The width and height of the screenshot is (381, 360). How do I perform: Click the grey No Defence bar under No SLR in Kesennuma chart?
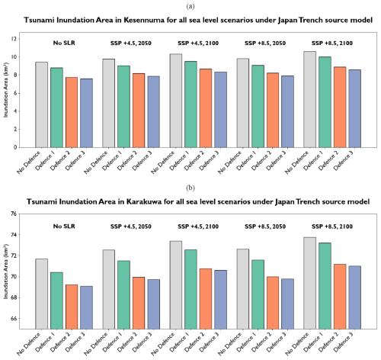coord(42,104)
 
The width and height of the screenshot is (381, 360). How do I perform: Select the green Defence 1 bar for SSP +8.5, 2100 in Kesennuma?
coord(325,102)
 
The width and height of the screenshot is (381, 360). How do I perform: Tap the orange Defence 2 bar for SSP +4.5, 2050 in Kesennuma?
coord(139,111)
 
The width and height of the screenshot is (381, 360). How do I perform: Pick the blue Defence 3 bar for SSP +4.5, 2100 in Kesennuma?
coord(220,110)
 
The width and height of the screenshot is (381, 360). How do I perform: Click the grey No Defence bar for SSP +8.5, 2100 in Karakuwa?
coord(310,283)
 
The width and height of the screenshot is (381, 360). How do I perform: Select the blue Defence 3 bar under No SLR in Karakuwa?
coord(86,307)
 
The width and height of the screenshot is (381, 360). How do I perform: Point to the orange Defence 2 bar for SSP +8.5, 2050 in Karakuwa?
coord(273,303)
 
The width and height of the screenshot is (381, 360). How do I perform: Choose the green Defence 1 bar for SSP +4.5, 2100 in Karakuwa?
coord(190,289)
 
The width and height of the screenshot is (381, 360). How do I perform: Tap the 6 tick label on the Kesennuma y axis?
coord(15,93)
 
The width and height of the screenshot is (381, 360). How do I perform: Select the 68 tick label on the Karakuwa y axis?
coord(14,297)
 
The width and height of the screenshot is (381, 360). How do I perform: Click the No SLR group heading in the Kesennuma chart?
coord(64,43)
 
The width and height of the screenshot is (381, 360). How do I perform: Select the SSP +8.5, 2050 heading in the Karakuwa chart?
coord(265,227)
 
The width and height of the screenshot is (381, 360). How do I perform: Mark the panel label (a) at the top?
coord(190,7)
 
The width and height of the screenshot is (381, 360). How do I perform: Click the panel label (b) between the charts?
coord(190,188)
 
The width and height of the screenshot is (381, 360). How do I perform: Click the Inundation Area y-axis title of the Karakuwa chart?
coord(6,272)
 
